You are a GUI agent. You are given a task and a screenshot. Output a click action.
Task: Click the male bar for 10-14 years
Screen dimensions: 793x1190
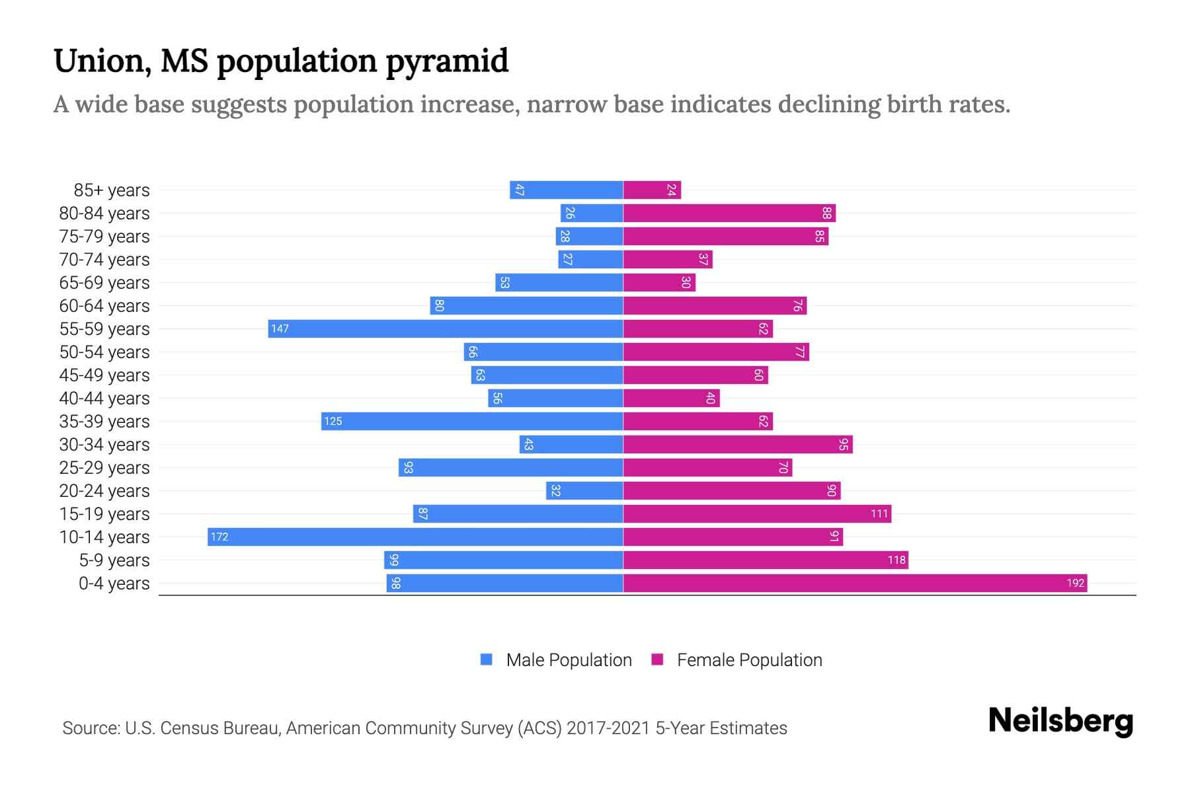(415, 537)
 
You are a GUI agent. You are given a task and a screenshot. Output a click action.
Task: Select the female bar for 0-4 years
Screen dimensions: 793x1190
(855, 583)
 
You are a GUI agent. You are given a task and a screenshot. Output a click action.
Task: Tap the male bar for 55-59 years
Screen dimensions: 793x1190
(446, 328)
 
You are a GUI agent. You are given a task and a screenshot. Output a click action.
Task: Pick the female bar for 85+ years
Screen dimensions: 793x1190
(652, 190)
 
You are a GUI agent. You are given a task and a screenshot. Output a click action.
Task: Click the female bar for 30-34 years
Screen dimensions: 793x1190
(738, 444)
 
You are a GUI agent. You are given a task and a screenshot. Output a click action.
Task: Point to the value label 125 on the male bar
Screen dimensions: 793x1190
(333, 422)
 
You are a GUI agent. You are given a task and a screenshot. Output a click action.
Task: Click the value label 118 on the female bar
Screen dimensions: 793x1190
(896, 560)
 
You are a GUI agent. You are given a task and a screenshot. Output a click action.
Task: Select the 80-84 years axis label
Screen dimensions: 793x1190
(104, 213)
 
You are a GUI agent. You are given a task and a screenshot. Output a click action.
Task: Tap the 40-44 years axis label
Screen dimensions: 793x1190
(104, 398)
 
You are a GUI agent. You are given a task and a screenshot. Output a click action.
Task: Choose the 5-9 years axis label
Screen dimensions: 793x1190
(114, 560)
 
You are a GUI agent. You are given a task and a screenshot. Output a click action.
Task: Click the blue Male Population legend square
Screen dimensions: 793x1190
(487, 660)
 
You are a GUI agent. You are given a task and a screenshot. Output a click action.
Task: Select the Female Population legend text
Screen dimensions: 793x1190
(749, 660)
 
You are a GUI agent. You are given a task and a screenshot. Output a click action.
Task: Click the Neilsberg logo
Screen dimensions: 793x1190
(1060, 721)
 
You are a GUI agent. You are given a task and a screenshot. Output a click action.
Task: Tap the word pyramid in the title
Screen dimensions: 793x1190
(447, 61)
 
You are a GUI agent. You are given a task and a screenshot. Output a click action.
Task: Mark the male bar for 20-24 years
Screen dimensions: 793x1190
(584, 490)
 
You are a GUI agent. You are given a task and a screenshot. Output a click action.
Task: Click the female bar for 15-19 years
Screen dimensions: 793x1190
(757, 513)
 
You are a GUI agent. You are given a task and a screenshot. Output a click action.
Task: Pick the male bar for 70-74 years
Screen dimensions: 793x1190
(590, 259)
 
